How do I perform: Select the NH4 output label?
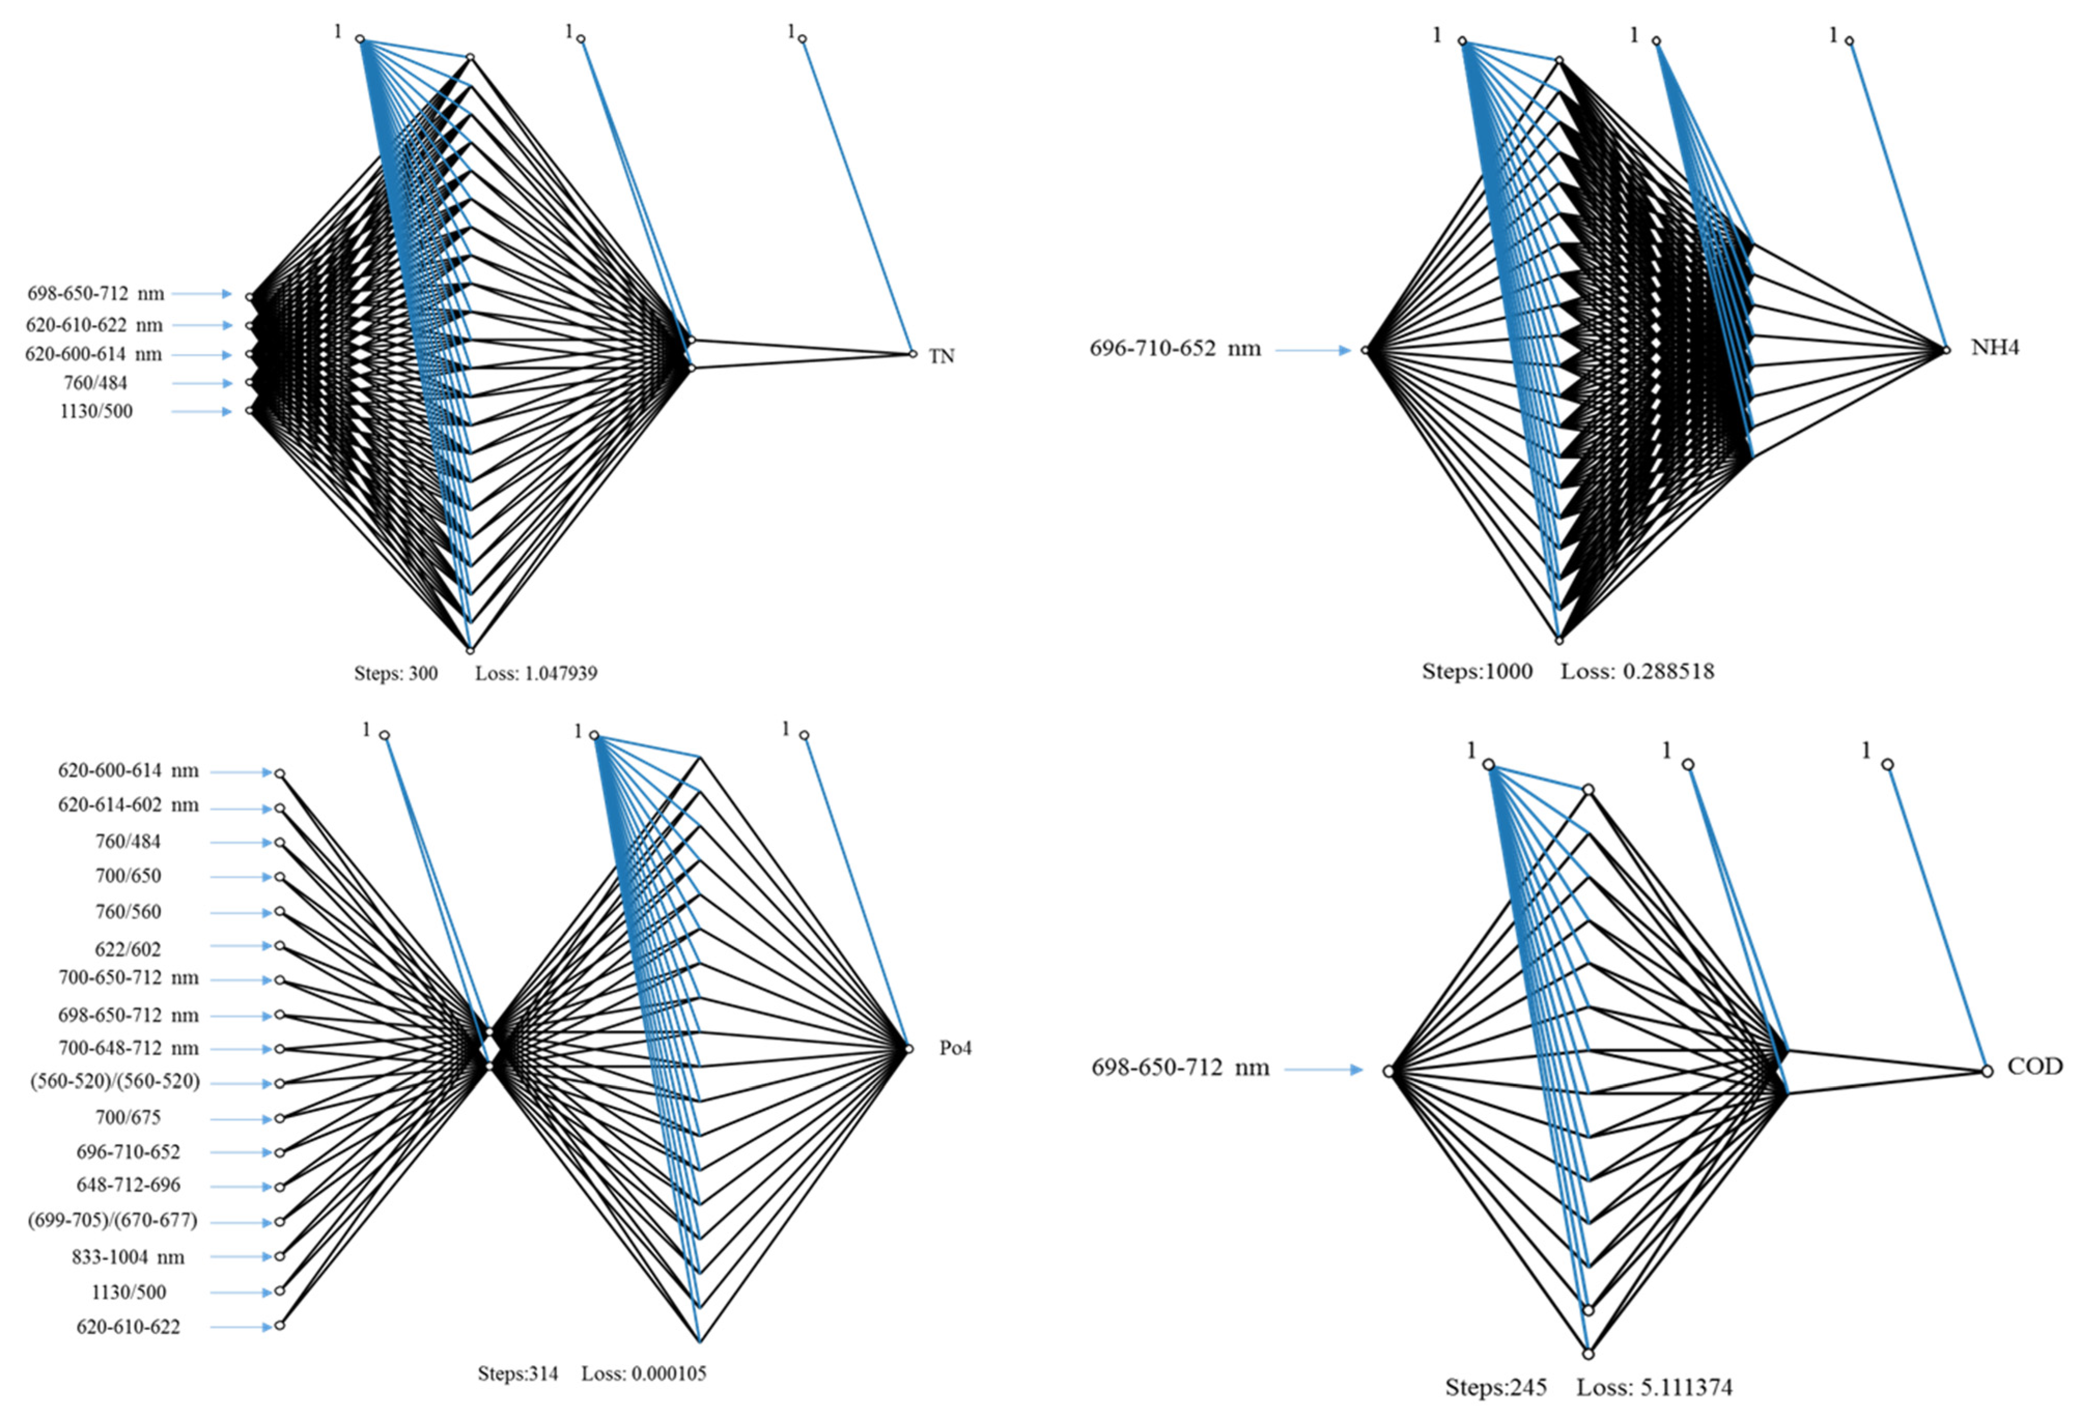pyautogui.click(x=1995, y=348)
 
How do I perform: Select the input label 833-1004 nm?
pyautogui.click(x=129, y=1257)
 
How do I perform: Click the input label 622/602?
pyautogui.click(x=129, y=949)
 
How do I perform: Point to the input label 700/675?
pyautogui.click(x=129, y=1117)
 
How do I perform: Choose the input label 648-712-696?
pyautogui.click(x=129, y=1185)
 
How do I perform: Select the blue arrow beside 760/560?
pyautogui.click(x=241, y=912)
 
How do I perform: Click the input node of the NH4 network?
pyautogui.click(x=1365, y=350)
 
